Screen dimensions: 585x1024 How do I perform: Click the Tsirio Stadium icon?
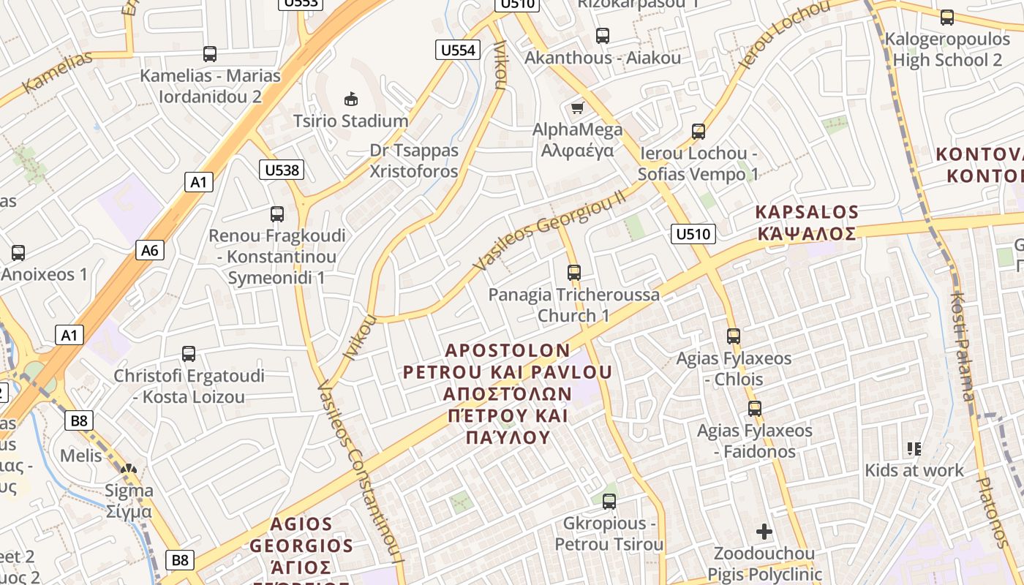[x=351, y=99]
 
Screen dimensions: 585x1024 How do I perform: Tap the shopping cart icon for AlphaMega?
[x=577, y=108]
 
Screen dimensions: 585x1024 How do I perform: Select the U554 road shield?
[x=459, y=50]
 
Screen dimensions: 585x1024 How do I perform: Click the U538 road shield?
[x=282, y=170]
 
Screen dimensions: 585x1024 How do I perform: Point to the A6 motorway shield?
[x=149, y=250]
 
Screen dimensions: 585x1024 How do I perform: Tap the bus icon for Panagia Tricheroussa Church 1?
[x=574, y=273]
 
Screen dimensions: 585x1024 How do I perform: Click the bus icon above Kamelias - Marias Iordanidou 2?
[x=210, y=53]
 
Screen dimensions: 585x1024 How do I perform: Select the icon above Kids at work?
[x=914, y=448]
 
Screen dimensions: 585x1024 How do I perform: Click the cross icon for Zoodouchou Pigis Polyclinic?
[x=764, y=532]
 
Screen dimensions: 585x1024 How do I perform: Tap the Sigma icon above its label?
[x=129, y=470]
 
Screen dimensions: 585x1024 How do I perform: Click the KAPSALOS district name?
[x=806, y=213]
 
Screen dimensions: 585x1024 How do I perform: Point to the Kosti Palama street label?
[x=962, y=347]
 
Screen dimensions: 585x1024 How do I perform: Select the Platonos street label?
[x=993, y=512]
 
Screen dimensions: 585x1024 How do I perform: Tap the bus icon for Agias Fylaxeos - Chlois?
[x=734, y=336]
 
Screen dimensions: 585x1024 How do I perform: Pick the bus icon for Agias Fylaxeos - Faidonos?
[x=755, y=409]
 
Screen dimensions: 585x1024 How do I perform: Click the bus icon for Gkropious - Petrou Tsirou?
[x=609, y=502]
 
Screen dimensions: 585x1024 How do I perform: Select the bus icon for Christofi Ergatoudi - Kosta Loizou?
[x=189, y=354]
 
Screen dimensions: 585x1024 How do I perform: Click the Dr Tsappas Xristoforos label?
[x=414, y=161]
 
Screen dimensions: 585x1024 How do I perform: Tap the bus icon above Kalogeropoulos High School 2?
[x=947, y=18]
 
